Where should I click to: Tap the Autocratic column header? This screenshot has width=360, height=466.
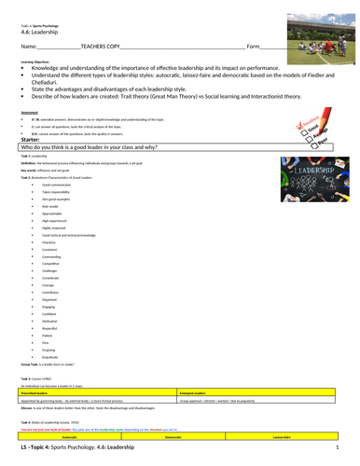click(70, 435)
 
